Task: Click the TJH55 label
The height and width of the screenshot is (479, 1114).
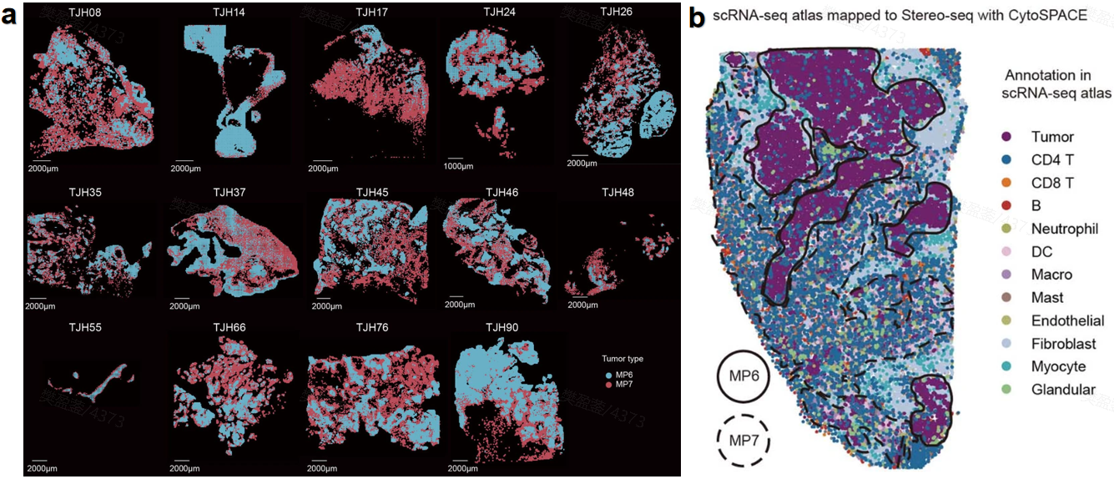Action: coord(85,327)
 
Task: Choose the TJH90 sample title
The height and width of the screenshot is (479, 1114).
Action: coord(501,327)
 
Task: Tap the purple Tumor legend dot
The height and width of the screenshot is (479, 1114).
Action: coord(1007,137)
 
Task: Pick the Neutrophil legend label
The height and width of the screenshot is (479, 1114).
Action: coord(1065,229)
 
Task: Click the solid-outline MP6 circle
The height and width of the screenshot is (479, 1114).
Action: coord(742,377)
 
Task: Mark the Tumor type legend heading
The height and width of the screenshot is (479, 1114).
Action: coord(622,359)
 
